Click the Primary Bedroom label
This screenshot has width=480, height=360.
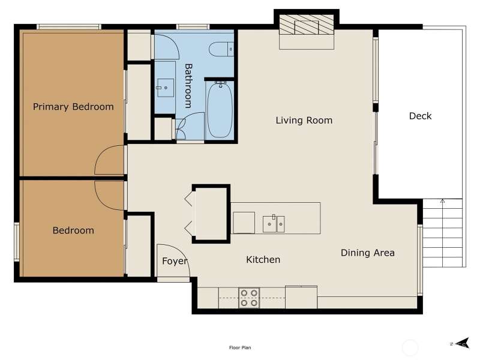73,107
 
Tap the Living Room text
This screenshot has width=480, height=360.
304,121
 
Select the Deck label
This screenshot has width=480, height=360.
421,116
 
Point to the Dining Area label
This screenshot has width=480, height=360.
368,253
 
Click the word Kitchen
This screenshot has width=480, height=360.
263,260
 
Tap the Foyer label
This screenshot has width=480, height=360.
175,261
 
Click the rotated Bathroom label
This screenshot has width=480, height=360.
188,86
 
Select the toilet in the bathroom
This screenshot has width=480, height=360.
221,49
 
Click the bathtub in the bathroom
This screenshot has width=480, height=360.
220,110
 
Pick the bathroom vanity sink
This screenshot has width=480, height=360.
166,88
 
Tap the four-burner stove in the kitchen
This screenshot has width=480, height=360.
249,298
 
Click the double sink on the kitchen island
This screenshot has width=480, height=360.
274,224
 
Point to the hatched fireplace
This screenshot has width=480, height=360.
307,25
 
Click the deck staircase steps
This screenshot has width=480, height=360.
442,233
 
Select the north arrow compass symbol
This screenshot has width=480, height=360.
461,343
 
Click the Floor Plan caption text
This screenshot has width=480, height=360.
240,347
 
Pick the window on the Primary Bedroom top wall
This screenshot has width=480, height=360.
69,27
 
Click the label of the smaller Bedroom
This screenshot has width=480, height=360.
73,230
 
